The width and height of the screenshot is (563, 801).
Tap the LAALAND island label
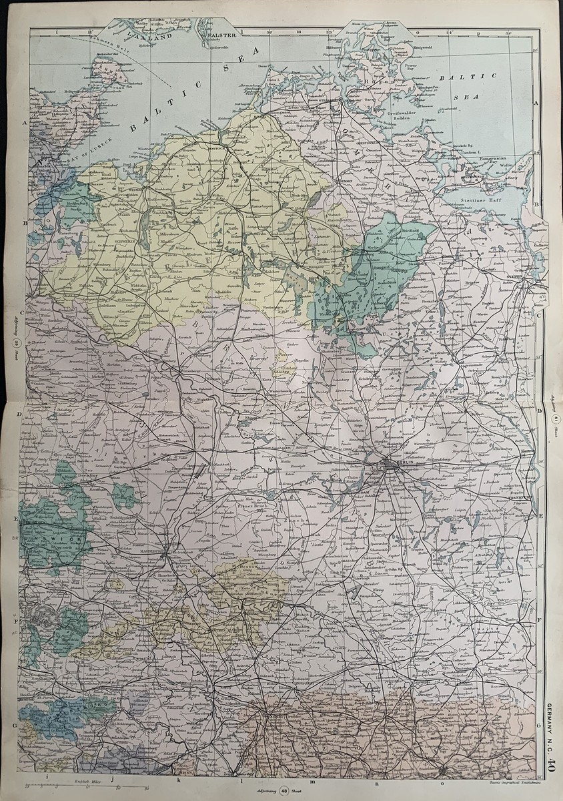[152, 39]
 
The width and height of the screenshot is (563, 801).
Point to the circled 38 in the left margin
[19, 344]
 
